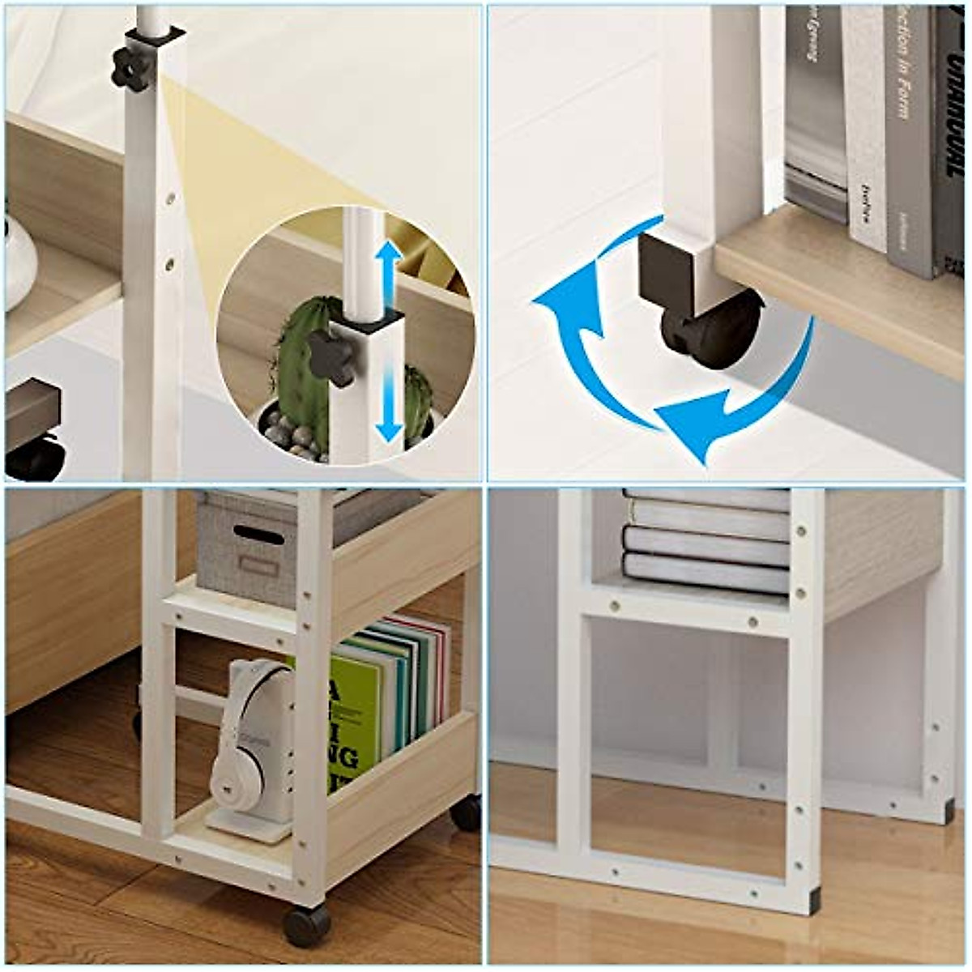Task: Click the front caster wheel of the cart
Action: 306,923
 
